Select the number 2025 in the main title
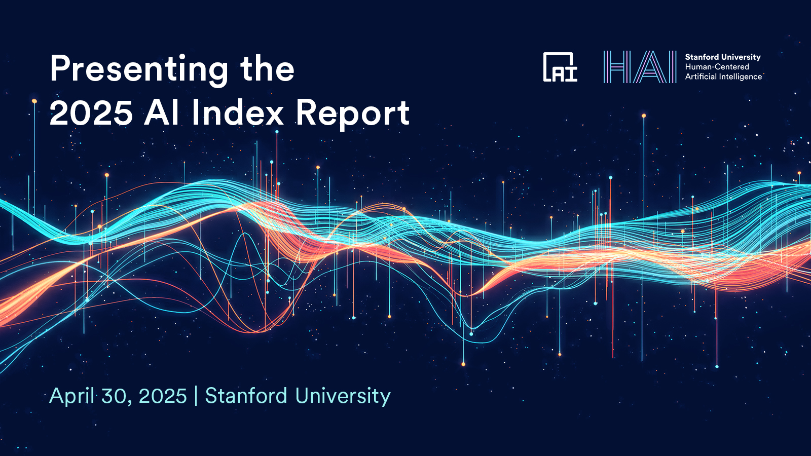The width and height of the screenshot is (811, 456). click(91, 112)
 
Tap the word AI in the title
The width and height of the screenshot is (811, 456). click(162, 112)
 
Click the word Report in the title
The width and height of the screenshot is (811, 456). click(353, 113)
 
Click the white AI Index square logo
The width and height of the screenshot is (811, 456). click(560, 67)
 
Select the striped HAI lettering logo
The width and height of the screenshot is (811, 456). click(640, 67)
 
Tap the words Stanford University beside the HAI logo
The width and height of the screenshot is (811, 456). click(723, 57)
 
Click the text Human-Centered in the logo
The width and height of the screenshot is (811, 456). click(717, 67)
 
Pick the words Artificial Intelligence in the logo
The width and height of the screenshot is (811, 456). click(723, 77)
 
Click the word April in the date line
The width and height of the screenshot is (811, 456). click(72, 396)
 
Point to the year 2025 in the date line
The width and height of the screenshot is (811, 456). click(163, 396)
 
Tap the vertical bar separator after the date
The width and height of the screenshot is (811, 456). click(196, 396)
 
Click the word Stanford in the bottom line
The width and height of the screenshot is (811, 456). click(246, 396)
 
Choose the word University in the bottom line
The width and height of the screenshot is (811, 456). click(343, 396)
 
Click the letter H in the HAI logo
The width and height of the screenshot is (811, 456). click(615, 67)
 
